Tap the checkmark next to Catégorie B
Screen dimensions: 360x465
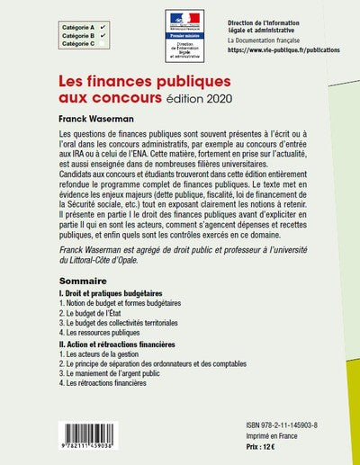tap(103, 35)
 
